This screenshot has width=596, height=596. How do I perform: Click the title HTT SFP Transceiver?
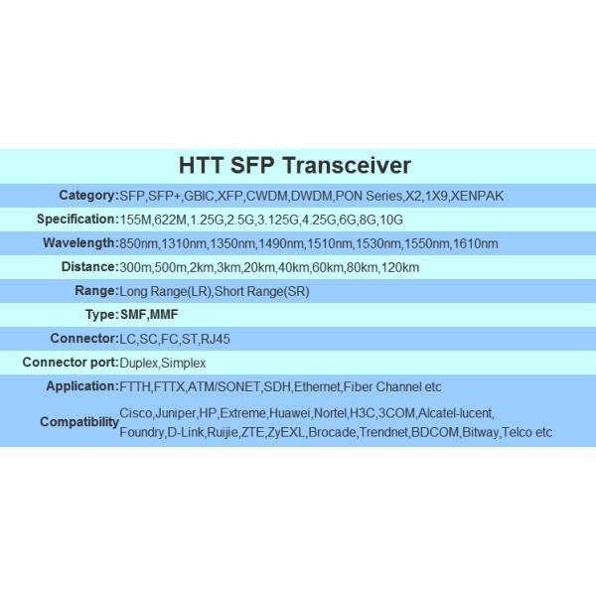294,165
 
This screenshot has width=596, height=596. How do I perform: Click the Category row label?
87,196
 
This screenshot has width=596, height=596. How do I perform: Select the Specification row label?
76,220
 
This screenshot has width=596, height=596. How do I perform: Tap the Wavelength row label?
79,243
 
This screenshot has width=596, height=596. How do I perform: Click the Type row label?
100,315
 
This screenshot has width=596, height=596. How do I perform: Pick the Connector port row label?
70,363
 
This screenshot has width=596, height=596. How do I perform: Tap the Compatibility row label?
78,422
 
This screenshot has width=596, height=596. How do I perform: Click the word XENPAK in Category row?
477,196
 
